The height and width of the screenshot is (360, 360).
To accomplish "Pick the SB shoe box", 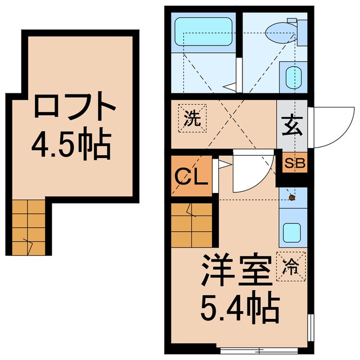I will pos(293,164).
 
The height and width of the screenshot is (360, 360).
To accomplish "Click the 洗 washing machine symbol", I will pos(193,119).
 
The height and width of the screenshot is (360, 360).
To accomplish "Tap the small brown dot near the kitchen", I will pos(292,197).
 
